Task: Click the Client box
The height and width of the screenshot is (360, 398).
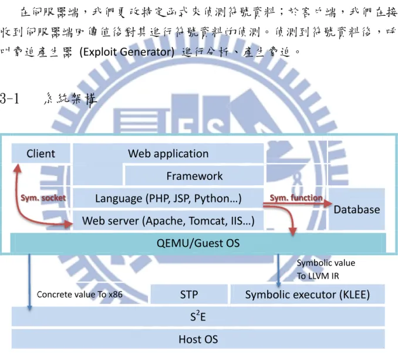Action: click(x=41, y=154)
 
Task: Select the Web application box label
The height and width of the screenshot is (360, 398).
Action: click(x=168, y=154)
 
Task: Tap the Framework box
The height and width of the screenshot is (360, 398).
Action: click(x=194, y=176)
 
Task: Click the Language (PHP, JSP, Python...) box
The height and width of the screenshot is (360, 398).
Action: click(x=168, y=198)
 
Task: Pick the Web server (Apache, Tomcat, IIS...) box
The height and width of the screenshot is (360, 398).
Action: click(x=168, y=220)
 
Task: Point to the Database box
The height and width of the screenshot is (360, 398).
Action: click(x=357, y=209)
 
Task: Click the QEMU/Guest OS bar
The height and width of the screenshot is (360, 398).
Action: click(x=198, y=243)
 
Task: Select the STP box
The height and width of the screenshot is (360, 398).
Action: click(x=189, y=294)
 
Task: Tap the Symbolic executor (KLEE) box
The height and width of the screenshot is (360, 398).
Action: click(x=308, y=294)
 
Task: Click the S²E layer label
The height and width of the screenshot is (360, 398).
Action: click(x=198, y=317)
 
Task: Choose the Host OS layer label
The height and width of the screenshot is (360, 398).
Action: click(x=198, y=339)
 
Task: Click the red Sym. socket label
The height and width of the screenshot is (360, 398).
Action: click(x=43, y=198)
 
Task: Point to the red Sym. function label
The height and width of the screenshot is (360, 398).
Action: click(x=296, y=198)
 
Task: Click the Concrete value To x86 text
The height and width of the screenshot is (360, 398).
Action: click(x=79, y=294)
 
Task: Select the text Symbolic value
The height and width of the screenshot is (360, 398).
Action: click(x=326, y=263)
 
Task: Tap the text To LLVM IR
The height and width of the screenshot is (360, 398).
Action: click(x=318, y=276)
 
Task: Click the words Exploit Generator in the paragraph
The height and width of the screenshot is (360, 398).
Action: click(x=127, y=52)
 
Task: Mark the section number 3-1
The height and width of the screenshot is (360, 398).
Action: click(x=9, y=99)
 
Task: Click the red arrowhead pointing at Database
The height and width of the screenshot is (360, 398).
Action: click(x=328, y=203)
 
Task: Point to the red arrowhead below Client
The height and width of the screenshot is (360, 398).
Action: click(x=17, y=168)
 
